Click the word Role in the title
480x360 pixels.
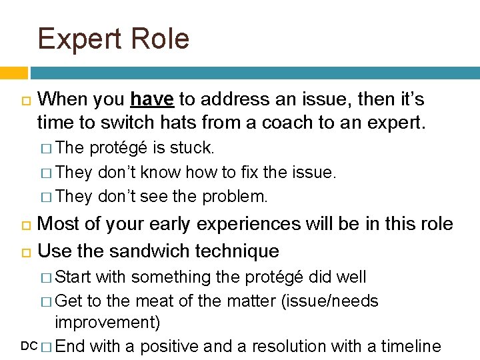pyautogui.click(x=160, y=39)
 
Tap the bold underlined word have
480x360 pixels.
pyautogui.click(x=152, y=100)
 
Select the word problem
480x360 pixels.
pyautogui.click(x=236, y=197)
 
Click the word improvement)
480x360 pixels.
pyautogui.click(x=107, y=323)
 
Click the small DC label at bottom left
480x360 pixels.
pyautogui.click(x=29, y=346)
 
